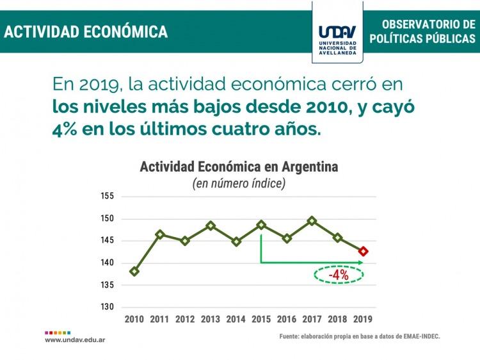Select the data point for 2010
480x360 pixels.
click(134, 271)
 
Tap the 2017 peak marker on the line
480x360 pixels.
click(312, 221)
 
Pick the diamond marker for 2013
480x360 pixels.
click(211, 225)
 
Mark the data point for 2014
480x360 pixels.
click(236, 241)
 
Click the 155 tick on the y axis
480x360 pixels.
click(107, 197)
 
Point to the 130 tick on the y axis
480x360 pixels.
click(107, 307)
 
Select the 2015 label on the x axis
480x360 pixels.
click(261, 319)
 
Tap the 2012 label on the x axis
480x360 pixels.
click(185, 319)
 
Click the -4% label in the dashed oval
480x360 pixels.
click(338, 275)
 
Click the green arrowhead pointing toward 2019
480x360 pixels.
click(360, 263)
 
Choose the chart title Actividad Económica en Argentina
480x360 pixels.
click(239, 167)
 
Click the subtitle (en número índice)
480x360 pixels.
click(239, 184)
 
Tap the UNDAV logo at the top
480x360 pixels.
click(337, 31)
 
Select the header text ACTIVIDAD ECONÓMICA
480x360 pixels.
click(86, 31)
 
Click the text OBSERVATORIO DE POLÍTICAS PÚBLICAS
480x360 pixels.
click(423, 31)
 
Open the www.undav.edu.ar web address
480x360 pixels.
click(75, 340)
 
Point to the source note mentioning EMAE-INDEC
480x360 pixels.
click(360, 336)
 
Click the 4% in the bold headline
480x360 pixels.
click(65, 128)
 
